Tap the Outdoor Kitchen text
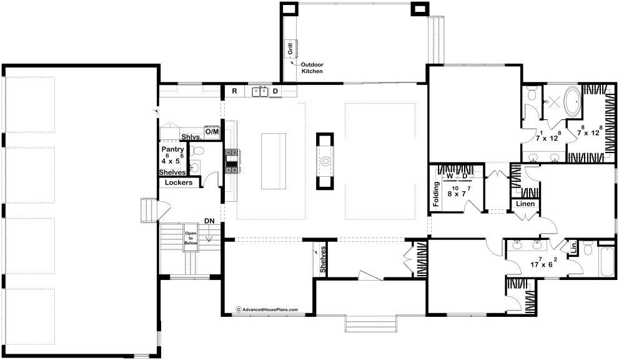coord(312,68)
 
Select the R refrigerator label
coord(234,91)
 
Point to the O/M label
coord(212,132)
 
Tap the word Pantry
coord(172,149)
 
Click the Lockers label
coord(179,182)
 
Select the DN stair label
coord(209,221)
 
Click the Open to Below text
coord(191,238)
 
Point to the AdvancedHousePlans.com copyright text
coord(267,310)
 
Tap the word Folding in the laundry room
coord(436,194)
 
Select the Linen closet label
coord(525,204)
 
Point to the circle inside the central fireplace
coord(325,161)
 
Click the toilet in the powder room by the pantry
coord(196,151)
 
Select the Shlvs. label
coord(192,137)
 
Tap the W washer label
coord(450,176)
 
